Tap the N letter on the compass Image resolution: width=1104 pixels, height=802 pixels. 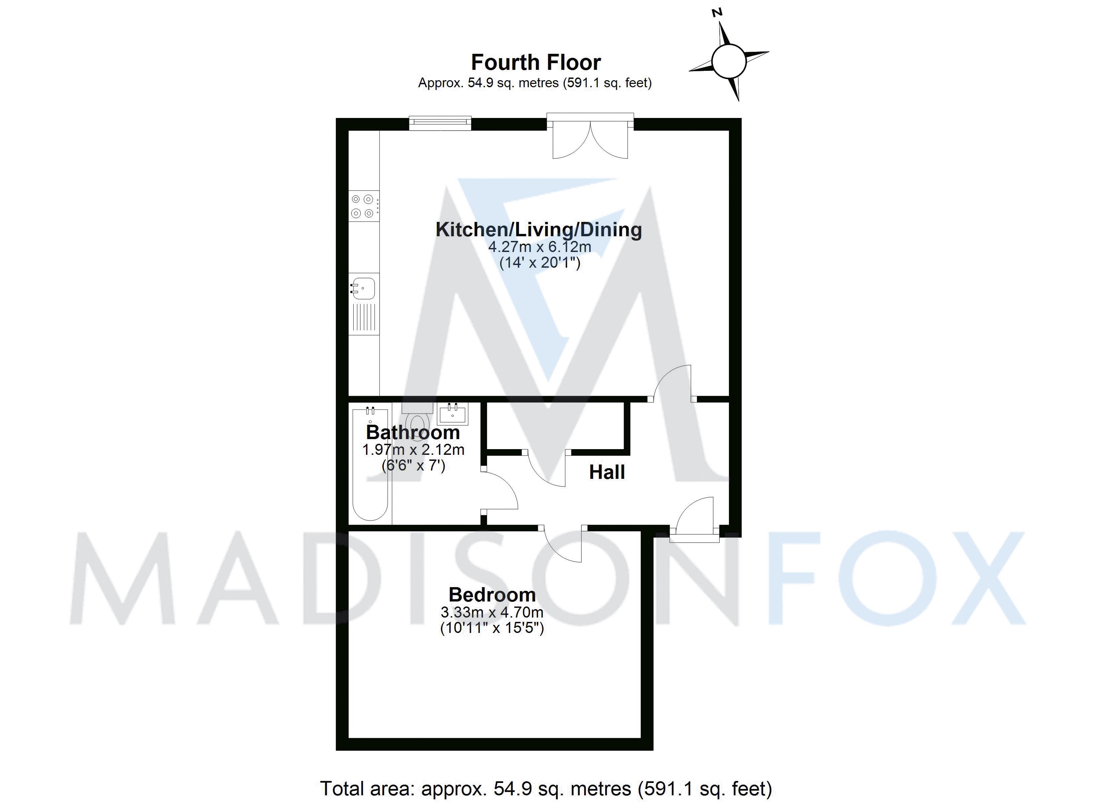717,13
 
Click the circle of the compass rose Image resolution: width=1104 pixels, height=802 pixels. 728,61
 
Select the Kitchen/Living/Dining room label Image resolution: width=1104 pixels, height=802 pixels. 538,230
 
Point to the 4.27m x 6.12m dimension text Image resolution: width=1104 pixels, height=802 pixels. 539,247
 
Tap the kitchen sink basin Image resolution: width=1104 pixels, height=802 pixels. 363,288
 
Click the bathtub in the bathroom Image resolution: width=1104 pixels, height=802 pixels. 370,464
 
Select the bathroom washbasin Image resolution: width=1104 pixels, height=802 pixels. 453,414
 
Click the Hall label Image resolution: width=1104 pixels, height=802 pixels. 607,472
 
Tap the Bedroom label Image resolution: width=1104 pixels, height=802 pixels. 492,595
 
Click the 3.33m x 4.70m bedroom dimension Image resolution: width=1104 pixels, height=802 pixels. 492,612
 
